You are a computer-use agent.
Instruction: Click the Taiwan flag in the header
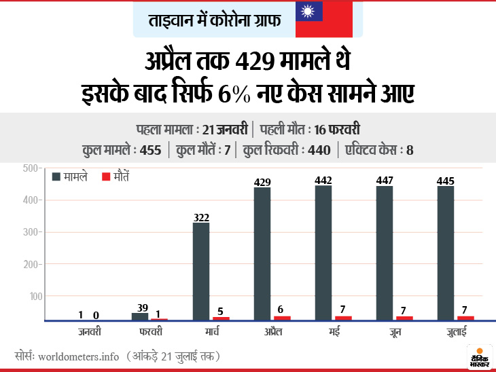click(x=323, y=19)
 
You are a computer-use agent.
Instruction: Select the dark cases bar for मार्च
click(x=201, y=272)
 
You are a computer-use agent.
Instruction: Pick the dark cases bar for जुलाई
click(x=446, y=253)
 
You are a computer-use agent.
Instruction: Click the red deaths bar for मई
click(x=344, y=318)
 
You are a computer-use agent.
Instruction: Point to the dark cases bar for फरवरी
click(x=140, y=316)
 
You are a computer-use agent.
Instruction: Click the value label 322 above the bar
click(x=201, y=217)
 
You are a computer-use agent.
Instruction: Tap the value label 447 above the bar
click(x=385, y=179)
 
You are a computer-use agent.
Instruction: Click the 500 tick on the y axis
click(x=33, y=168)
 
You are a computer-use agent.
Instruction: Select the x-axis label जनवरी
click(x=89, y=332)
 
